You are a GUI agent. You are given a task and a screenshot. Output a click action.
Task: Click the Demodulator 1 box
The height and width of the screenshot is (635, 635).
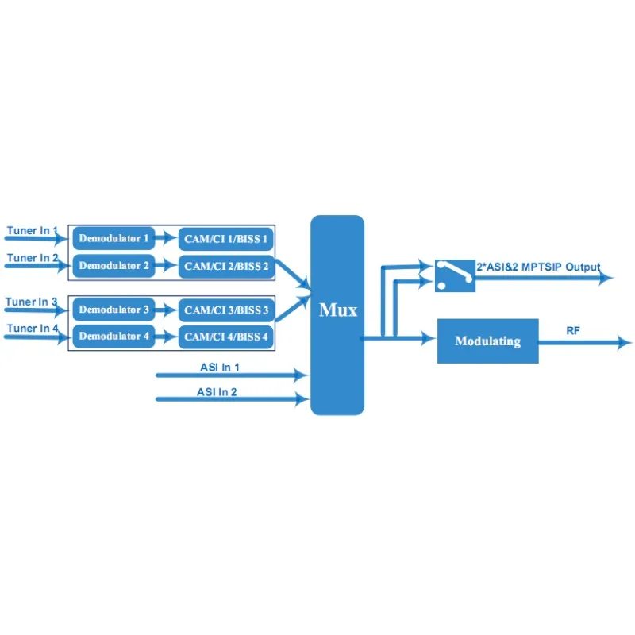click(114, 238)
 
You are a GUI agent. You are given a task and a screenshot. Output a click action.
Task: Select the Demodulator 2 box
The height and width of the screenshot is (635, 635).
click(114, 266)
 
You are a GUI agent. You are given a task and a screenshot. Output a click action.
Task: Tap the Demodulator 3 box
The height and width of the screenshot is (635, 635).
click(114, 310)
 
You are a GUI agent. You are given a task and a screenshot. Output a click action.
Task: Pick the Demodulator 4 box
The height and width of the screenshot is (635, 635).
click(114, 337)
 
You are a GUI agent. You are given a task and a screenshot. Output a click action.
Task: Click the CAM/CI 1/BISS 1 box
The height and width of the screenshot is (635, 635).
click(226, 238)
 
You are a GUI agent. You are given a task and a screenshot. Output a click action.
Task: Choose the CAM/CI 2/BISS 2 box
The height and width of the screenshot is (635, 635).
click(226, 266)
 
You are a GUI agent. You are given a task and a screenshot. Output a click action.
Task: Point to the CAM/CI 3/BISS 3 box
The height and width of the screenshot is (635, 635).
click(226, 310)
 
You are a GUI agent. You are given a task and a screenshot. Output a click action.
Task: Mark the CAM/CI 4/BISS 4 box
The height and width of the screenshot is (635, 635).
click(226, 337)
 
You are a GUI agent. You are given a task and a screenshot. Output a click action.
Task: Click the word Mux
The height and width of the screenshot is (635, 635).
click(337, 310)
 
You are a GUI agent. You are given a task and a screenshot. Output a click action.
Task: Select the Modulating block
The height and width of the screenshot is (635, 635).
click(487, 341)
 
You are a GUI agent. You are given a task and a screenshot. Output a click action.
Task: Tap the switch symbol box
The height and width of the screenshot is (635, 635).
click(455, 275)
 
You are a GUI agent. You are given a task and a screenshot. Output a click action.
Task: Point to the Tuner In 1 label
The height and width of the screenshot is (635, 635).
click(32, 231)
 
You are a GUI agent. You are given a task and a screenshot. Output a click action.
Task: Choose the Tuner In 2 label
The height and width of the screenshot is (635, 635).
click(32, 258)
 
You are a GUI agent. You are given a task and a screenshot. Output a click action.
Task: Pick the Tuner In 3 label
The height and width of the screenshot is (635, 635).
click(32, 302)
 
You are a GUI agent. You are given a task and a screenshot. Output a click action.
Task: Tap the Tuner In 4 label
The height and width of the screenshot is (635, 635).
click(32, 328)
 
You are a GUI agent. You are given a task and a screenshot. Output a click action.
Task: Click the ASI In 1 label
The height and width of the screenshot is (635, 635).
click(219, 367)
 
